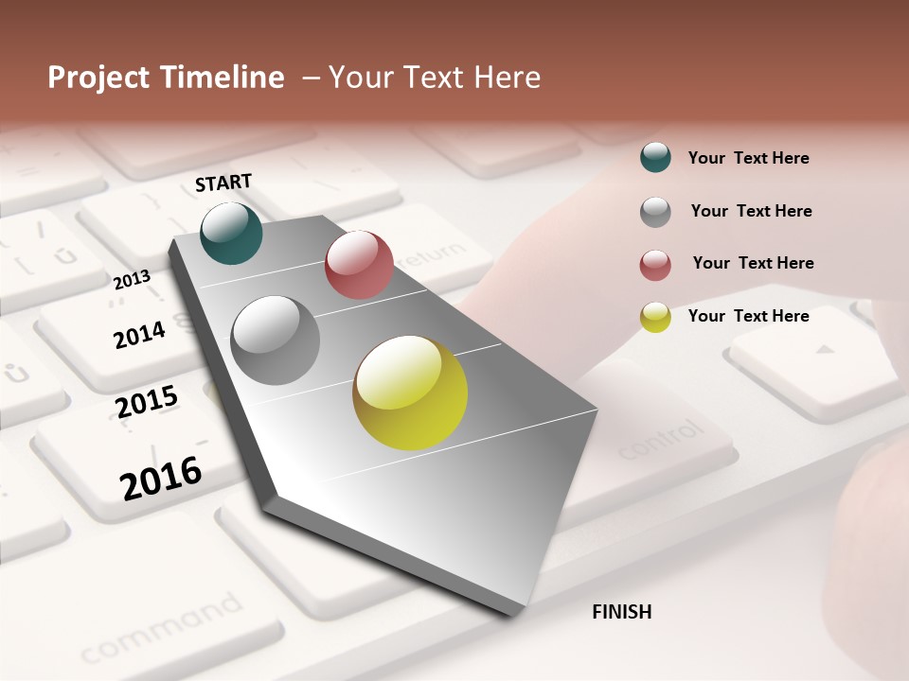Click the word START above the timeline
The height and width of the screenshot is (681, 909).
tap(223, 182)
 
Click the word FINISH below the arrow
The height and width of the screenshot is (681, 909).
tap(621, 612)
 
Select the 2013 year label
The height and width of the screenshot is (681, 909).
tap(132, 280)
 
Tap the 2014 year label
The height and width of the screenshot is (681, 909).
tap(139, 335)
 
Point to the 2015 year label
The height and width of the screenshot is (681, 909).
tap(147, 402)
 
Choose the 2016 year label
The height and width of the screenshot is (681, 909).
tap(161, 478)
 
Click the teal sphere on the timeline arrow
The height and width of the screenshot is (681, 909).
tap(231, 233)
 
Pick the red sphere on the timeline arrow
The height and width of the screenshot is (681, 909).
tap(359, 265)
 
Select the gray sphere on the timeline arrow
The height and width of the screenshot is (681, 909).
tap(276, 340)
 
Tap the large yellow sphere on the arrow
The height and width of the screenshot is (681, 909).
tap(410, 393)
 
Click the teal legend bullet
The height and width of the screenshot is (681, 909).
tap(655, 158)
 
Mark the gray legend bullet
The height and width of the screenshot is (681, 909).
tap(655, 212)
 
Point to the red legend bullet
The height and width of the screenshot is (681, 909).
tap(655, 265)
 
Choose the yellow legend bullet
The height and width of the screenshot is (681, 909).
tap(655, 317)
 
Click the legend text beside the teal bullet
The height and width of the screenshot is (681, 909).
tap(748, 158)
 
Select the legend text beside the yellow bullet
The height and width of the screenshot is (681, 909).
tap(748, 316)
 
